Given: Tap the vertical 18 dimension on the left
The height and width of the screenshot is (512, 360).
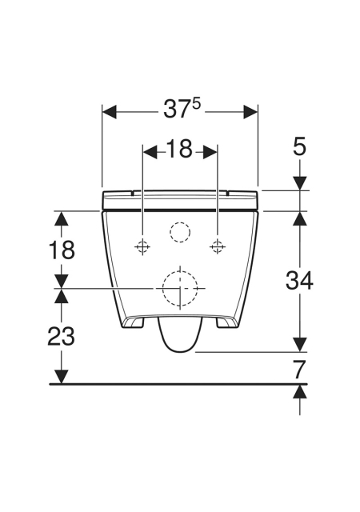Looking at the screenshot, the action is pyautogui.click(x=62, y=250).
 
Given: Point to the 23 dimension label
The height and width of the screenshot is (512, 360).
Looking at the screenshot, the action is pyautogui.click(x=62, y=336).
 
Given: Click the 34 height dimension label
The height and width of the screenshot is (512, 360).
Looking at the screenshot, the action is pyautogui.click(x=299, y=281).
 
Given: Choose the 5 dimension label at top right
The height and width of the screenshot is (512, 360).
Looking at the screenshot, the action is pyautogui.click(x=299, y=146).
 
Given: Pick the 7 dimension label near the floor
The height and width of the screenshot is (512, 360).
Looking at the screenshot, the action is pyautogui.click(x=299, y=370).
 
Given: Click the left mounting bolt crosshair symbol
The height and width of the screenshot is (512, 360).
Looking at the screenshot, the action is pyautogui.click(x=142, y=246).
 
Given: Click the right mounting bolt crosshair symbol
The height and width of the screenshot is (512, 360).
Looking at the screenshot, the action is pyautogui.click(x=217, y=246).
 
